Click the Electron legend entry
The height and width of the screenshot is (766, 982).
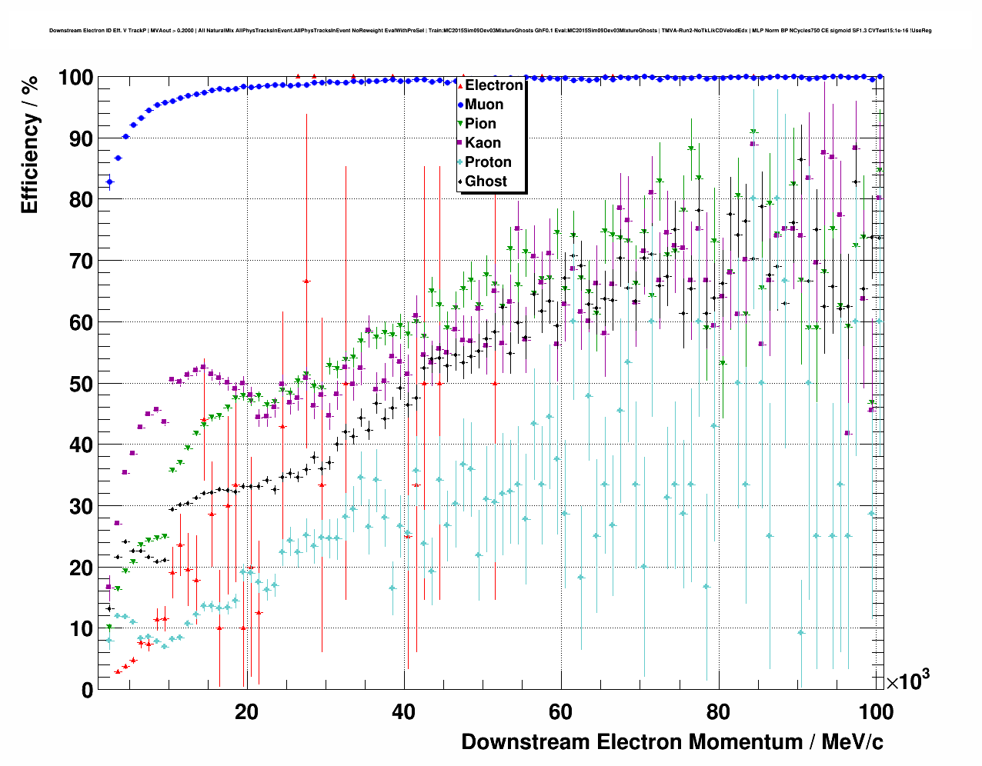493,85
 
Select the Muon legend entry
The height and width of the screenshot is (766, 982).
483,105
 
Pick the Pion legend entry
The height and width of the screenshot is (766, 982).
480,124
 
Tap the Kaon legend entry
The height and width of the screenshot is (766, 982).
483,143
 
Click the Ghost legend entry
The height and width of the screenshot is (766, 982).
486,182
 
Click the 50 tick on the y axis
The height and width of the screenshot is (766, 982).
82,384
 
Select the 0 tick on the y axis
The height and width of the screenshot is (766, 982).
88,690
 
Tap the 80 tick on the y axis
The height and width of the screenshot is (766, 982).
82,200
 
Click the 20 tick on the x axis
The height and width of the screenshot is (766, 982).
246,712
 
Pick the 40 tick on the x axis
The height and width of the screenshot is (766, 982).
403,712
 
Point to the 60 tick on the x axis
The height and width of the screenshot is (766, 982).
561,712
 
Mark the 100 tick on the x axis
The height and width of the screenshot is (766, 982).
876,712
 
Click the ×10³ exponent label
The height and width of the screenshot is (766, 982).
907,681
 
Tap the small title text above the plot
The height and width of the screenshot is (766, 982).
490,31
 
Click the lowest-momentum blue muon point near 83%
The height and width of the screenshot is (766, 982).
109,182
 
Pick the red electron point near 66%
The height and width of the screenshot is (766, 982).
306,281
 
